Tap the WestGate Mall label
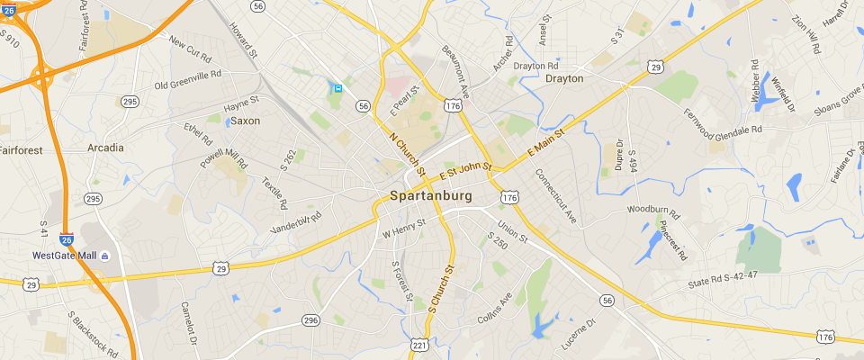coord(63,256)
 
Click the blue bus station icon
coord(338,88)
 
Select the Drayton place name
coord(564,78)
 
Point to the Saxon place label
coord(245,120)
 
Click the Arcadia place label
coord(105,148)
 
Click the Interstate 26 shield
coord(67,240)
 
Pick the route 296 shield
coord(310,320)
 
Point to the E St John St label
coord(465,170)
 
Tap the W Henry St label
coord(402,229)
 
